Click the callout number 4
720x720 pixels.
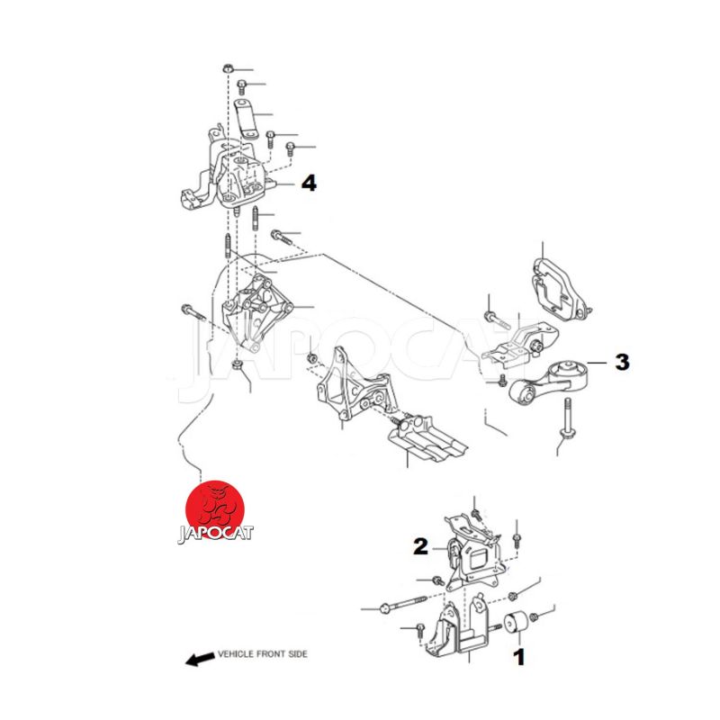point(309,184)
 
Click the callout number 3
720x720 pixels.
point(622,362)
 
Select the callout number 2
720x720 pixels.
point(420,546)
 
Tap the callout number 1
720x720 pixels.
point(519,657)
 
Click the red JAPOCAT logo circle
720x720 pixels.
point(214,509)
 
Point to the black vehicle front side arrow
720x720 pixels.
point(200,659)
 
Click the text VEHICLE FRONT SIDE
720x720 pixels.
point(263,654)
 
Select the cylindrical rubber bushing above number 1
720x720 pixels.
point(516,622)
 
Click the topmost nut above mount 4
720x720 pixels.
point(228,69)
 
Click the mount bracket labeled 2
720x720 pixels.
point(473,553)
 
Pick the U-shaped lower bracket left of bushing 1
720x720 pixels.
point(459,629)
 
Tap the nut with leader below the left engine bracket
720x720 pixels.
point(237,365)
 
